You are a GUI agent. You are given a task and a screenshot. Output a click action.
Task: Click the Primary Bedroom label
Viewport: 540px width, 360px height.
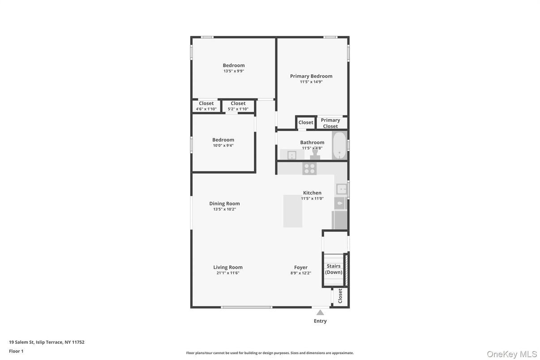[311, 76]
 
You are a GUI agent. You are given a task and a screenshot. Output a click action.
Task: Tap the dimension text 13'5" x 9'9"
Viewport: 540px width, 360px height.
[234, 71]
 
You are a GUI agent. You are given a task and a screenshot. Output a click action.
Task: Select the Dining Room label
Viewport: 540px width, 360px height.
[224, 203]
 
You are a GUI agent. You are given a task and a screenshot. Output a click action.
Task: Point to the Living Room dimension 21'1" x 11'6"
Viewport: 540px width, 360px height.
[228, 273]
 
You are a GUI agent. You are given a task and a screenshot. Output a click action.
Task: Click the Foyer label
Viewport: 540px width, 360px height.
[301, 267]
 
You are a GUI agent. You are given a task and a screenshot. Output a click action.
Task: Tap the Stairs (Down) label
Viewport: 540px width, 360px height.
[334, 269]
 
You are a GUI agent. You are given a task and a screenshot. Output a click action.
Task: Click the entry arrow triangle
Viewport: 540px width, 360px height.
[320, 313]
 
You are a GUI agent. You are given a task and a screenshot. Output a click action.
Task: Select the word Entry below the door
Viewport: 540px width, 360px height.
[320, 321]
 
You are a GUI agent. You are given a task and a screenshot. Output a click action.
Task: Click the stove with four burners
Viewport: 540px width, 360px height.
[309, 168]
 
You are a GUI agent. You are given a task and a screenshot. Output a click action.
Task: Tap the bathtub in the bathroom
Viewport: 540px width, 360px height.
[339, 145]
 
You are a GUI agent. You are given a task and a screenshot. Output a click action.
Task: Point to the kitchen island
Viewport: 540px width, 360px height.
[293, 211]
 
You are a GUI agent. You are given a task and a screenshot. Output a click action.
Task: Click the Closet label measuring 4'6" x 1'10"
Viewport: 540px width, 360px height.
[206, 103]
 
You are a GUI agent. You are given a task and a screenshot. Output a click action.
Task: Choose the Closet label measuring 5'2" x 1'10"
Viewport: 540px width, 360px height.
[238, 103]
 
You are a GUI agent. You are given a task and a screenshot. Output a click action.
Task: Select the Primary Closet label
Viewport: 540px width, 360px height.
[330, 123]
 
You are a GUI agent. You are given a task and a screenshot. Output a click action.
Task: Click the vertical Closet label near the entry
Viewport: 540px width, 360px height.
[340, 296]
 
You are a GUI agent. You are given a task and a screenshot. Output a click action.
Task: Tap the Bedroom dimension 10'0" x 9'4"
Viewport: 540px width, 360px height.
[223, 146]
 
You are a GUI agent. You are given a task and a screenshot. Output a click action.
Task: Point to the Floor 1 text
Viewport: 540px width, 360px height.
[16, 351]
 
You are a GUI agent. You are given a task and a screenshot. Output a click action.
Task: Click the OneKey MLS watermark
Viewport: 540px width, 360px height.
[512, 354]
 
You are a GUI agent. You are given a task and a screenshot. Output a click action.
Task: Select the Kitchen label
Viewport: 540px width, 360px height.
[312, 193]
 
